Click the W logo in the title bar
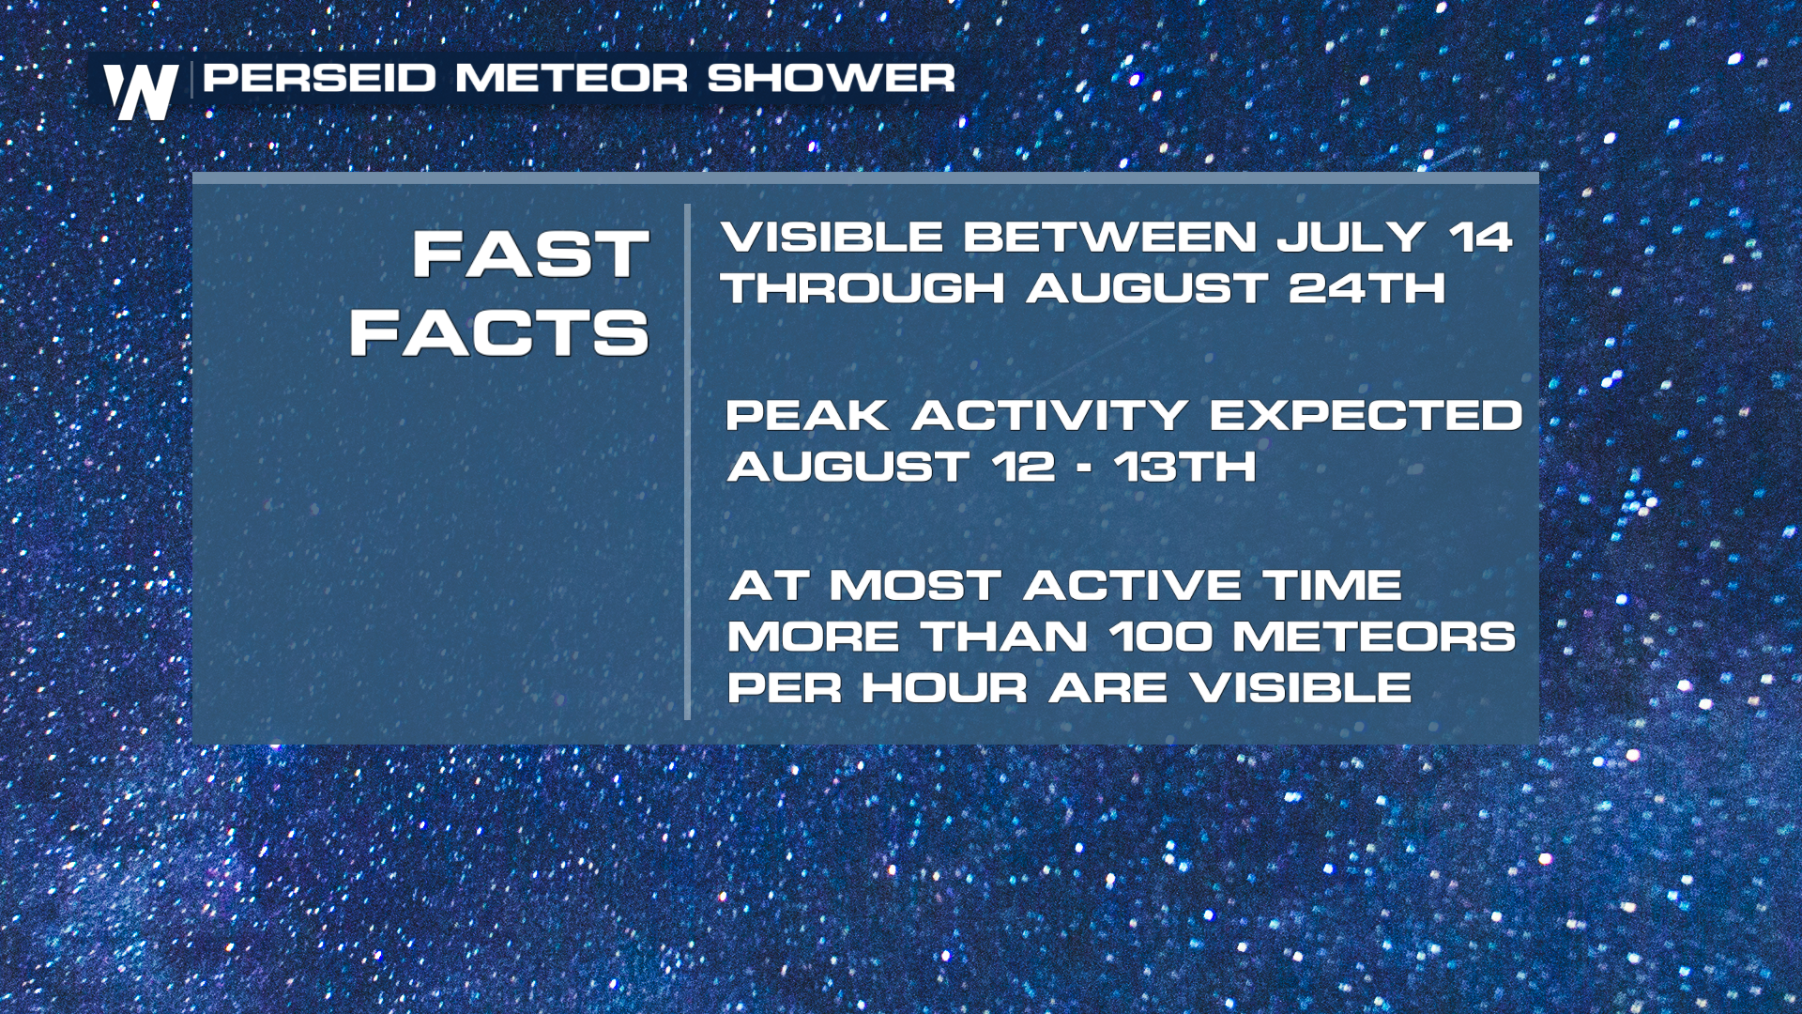[141, 92]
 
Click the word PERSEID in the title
[320, 78]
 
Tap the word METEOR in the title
[572, 78]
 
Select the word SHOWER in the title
[831, 78]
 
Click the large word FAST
[531, 254]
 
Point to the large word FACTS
[499, 332]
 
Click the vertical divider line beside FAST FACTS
[688, 462]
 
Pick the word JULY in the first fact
[1351, 237]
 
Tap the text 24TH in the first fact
[1367, 287]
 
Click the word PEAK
[808, 415]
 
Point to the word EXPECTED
[1366, 415]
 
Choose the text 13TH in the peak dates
[1185, 467]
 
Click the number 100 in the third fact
[1161, 637]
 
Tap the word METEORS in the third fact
[1374, 637]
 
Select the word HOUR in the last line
[945, 688]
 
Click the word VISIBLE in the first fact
[832, 237]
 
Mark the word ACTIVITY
[1049, 415]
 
